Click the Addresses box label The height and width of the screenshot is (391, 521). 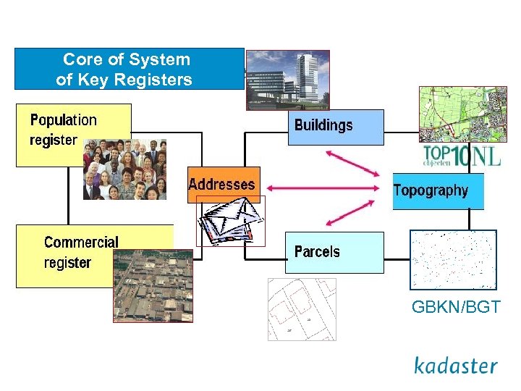221,185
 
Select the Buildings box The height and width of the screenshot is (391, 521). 335,127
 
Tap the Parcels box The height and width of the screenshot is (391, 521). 334,252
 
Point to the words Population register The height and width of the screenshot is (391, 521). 63,130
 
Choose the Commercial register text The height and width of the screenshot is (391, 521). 80,252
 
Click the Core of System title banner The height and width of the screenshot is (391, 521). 129,70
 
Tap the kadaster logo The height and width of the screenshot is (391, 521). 455,365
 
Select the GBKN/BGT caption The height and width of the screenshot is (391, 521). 455,307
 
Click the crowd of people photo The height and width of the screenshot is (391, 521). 124,169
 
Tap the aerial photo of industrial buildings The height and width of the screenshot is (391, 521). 154,286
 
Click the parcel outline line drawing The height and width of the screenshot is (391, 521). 302,309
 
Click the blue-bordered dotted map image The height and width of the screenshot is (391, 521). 453,259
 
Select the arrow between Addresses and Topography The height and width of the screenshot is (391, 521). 321,188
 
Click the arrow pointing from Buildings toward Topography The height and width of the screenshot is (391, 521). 352,163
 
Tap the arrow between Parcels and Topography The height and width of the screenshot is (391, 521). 353,214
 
